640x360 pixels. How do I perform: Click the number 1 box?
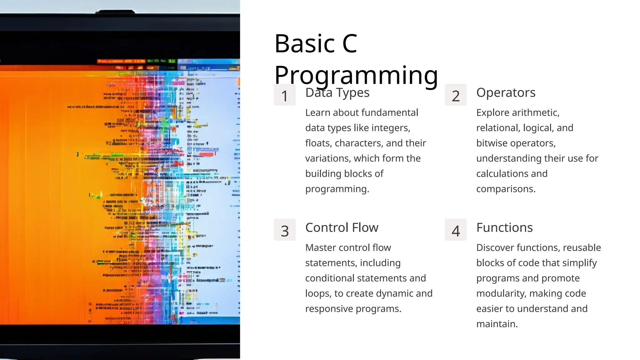284,95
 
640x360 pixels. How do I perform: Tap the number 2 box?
456,95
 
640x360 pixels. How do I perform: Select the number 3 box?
284,230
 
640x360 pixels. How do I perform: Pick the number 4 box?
456,230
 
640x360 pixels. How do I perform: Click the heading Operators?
506,92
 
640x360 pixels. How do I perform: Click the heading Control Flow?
342,227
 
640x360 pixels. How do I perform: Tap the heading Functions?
504,227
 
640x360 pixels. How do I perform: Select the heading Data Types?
337,93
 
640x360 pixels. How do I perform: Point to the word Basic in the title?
305,43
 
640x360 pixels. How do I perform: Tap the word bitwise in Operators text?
492,143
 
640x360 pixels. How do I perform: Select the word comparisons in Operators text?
506,189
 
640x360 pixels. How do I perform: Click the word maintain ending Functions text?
497,324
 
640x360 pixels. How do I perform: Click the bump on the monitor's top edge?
115,12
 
